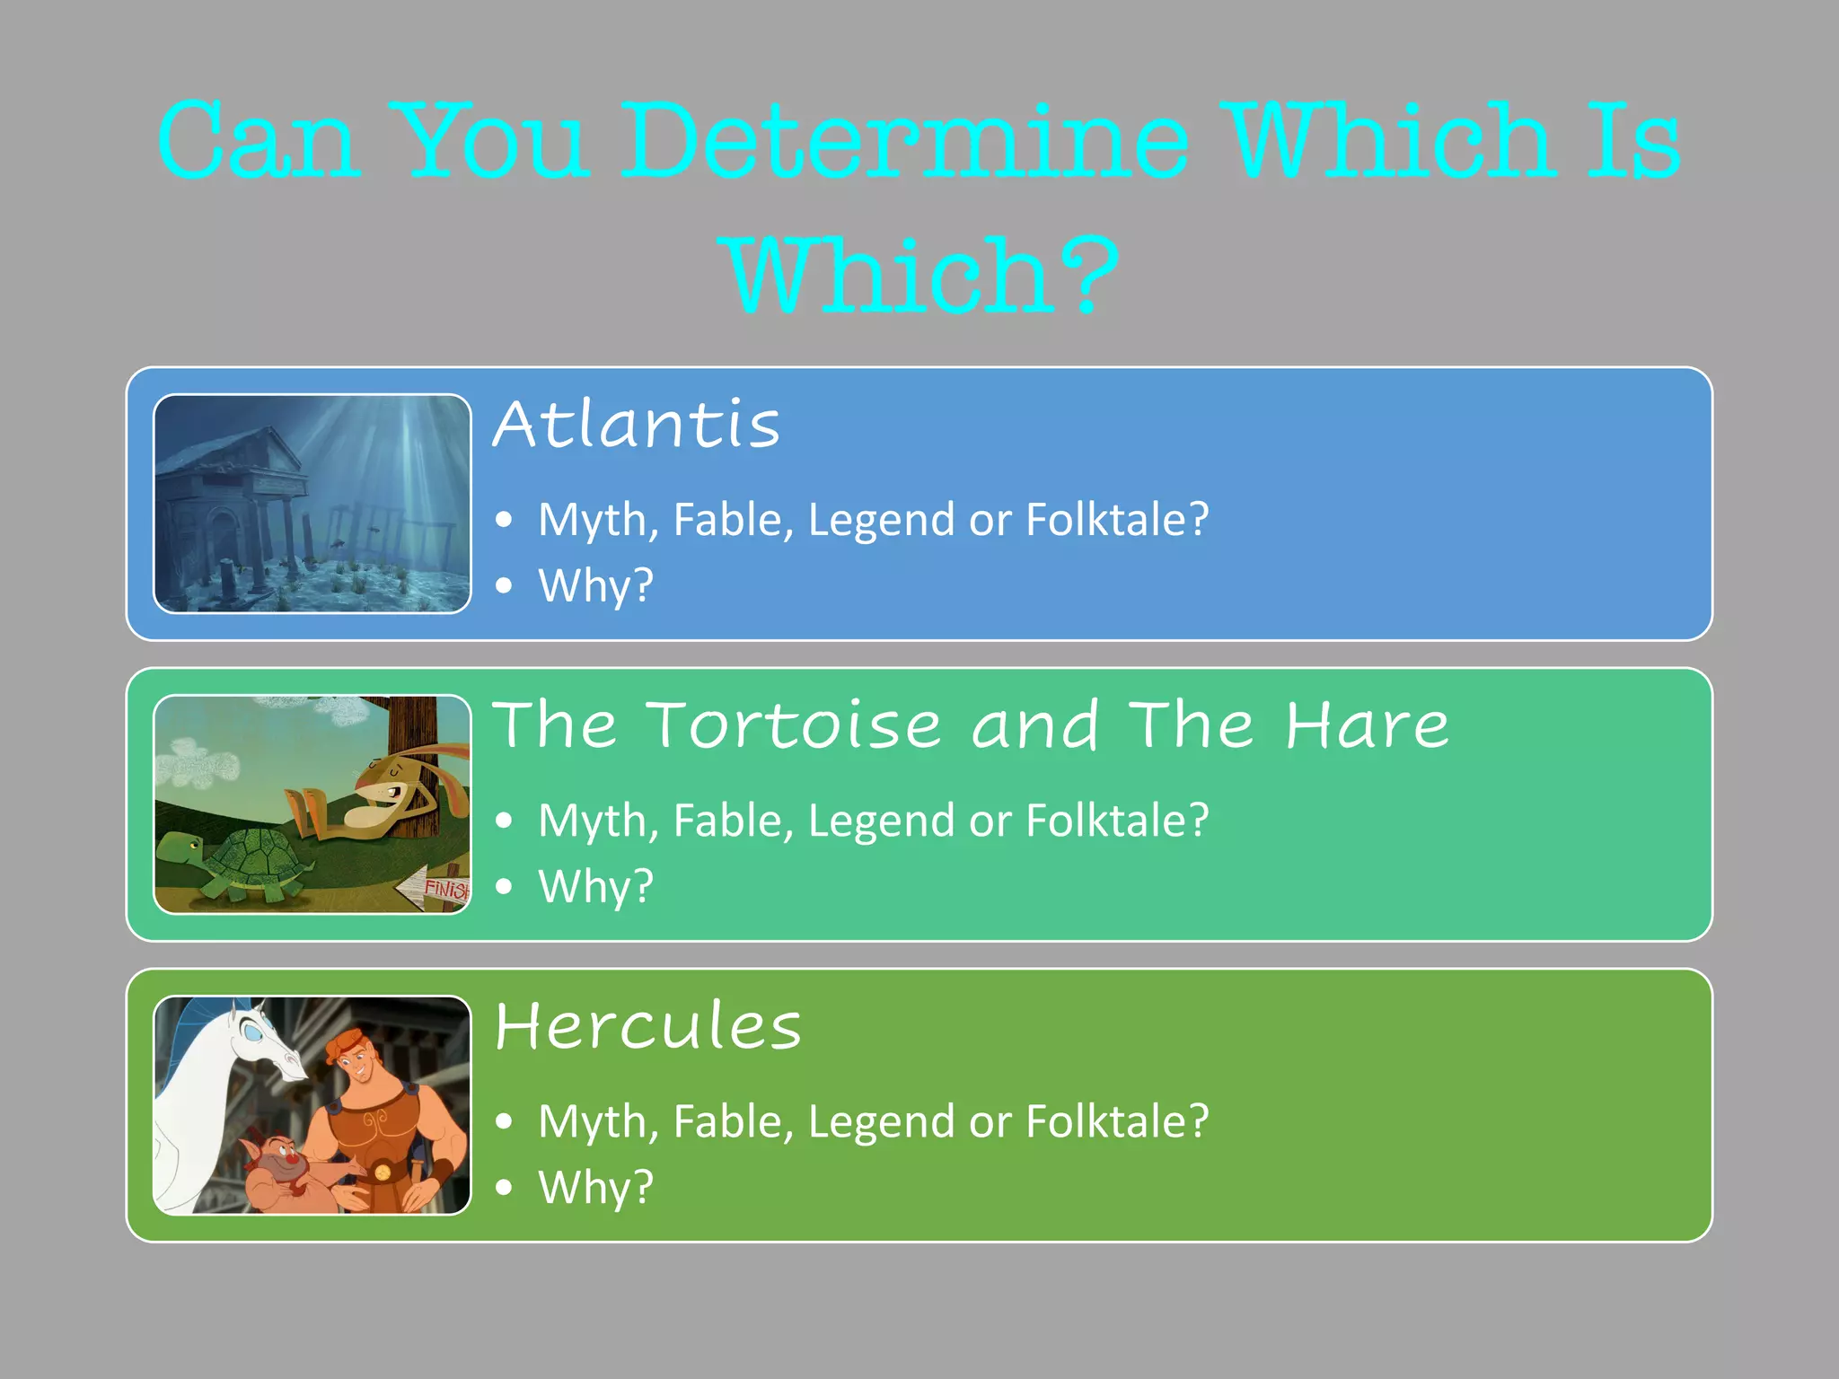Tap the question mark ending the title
click(1087, 275)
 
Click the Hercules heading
click(647, 1025)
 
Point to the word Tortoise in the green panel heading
click(794, 725)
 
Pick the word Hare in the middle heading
click(1367, 725)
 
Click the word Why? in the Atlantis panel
click(595, 585)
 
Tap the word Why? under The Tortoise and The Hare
click(595, 886)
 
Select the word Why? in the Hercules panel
click(595, 1187)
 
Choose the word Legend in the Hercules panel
click(881, 1121)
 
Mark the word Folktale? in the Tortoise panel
click(1117, 821)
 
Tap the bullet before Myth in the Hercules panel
click(505, 1121)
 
